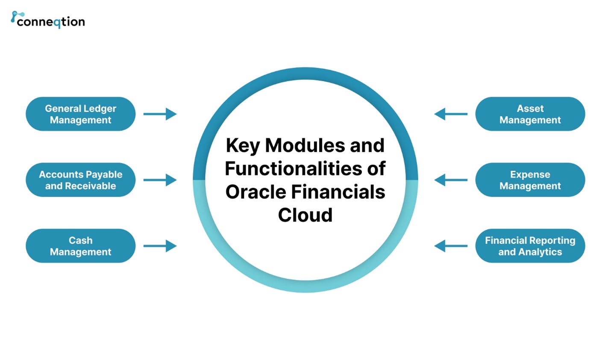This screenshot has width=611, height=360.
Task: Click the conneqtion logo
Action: pos(48,20)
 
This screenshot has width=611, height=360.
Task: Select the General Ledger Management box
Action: pos(80,114)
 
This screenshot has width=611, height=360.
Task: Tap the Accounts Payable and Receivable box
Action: pos(80,180)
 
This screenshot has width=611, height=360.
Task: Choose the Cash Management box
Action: pos(80,246)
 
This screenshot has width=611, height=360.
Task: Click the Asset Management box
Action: pos(530,114)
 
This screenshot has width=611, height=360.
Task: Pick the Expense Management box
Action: pos(530,180)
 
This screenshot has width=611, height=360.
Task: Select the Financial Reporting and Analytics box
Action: pos(530,246)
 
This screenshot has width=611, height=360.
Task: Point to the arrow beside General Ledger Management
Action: pos(160,114)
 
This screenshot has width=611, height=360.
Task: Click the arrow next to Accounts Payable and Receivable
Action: pos(160,180)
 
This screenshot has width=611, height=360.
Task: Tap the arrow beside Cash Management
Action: pos(160,246)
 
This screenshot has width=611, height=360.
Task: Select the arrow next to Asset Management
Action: pos(451,114)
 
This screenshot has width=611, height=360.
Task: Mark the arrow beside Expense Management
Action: pos(451,180)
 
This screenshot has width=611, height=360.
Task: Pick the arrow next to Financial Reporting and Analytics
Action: pos(451,246)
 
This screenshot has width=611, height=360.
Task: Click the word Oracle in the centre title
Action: pos(256,192)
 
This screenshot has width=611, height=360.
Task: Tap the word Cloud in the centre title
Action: pos(305,215)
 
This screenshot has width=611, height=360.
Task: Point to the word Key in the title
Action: pos(242,145)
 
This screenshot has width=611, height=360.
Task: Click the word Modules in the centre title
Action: pos(305,145)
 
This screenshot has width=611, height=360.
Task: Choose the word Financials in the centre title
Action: pos(338,192)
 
